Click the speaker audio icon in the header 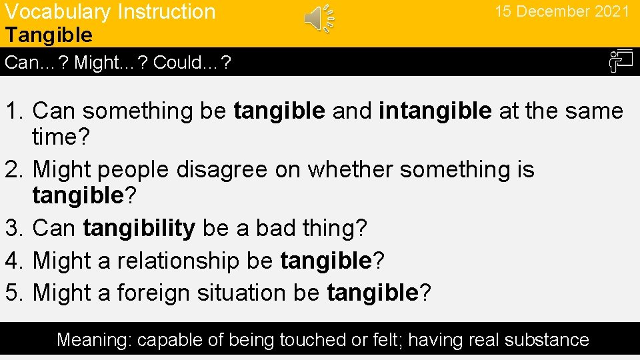pos(319,18)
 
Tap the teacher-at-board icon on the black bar pos(620,62)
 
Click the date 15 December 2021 pos(561,12)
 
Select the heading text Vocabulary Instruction pos(110,12)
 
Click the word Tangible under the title pos(49,35)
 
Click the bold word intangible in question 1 pos(435,111)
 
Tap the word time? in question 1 pos(59,137)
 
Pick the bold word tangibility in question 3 pos(139,229)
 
